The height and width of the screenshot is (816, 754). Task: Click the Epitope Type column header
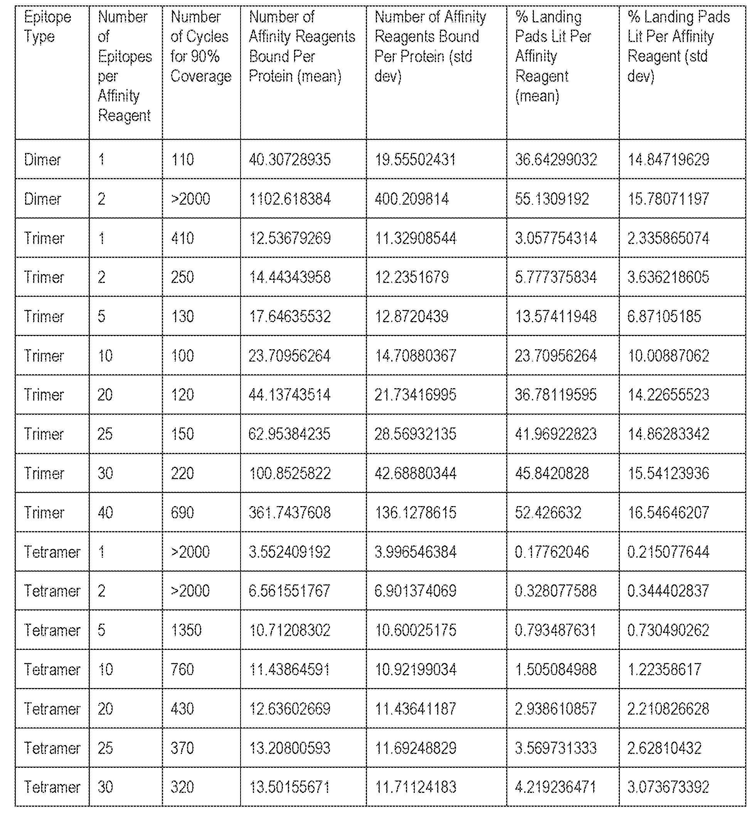tap(47, 27)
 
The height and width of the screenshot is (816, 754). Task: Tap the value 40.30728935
tap(289, 160)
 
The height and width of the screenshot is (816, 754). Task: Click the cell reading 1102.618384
tap(289, 199)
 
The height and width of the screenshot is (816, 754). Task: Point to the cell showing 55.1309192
tap(552, 199)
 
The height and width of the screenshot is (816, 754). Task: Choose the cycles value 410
tap(182, 238)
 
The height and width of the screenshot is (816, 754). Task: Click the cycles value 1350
tap(186, 630)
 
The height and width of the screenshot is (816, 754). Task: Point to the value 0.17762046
tap(552, 552)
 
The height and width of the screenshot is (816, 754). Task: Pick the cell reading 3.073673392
tap(668, 787)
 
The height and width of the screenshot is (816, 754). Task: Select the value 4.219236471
tap(555, 787)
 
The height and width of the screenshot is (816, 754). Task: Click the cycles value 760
tap(182, 670)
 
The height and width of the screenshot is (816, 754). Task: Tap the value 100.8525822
tap(289, 473)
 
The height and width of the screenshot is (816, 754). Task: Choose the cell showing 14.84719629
tap(668, 160)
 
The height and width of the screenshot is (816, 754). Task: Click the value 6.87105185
tap(664, 316)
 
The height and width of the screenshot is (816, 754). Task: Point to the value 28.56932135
tap(415, 434)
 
